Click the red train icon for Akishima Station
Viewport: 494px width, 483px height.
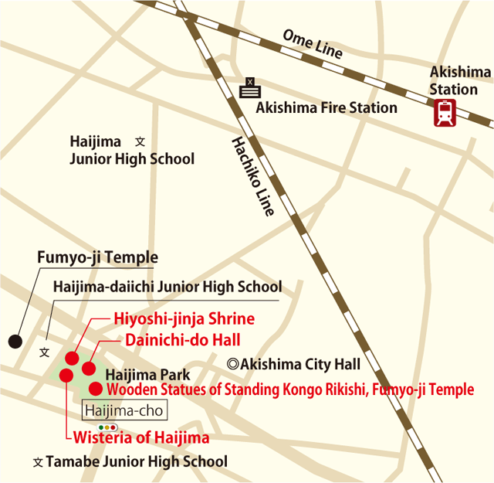point(445,114)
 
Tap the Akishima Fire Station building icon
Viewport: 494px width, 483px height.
point(250,88)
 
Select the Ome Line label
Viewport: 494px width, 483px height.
point(313,45)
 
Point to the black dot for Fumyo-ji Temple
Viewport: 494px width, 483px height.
point(14,340)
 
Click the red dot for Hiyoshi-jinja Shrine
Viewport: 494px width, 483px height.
point(72,358)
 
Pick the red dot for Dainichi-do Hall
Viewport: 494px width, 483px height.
point(89,369)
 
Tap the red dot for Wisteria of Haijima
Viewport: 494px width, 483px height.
point(66,376)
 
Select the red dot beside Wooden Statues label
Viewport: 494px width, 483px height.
point(96,389)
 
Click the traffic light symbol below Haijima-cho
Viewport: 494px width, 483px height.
point(107,427)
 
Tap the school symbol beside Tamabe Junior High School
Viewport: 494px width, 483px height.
point(38,462)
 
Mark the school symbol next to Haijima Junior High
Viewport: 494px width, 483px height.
point(140,142)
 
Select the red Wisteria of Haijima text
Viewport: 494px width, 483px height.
point(140,438)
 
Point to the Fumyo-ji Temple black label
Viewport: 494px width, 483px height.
point(97,257)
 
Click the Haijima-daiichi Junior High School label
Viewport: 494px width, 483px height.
point(167,287)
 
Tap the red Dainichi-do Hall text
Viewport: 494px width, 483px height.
point(182,339)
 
